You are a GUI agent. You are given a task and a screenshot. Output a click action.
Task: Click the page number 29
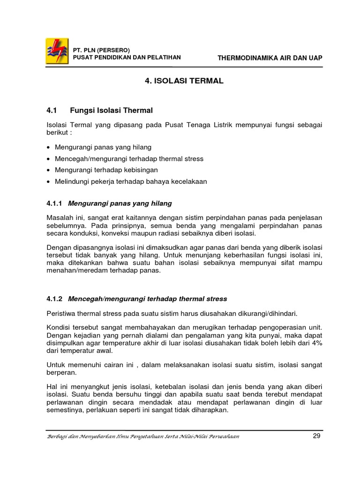tap(316, 436)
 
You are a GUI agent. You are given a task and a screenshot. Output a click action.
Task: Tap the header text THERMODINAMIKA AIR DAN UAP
tap(270, 58)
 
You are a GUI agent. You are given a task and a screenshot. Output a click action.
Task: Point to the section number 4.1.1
tap(55, 203)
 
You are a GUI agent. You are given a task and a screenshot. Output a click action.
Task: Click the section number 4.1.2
tap(55, 299)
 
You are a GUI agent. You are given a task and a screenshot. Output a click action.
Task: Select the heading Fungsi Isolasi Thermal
tap(112, 111)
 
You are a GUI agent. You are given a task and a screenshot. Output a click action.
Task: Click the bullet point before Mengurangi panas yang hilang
tap(49, 148)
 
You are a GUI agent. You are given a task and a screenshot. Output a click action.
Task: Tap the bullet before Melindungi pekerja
tap(49, 181)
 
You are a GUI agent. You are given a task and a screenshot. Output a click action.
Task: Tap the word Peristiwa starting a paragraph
tap(60, 313)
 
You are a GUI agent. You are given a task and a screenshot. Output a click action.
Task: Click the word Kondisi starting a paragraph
tap(58, 327)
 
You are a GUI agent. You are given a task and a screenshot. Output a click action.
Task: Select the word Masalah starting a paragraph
tap(59, 218)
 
